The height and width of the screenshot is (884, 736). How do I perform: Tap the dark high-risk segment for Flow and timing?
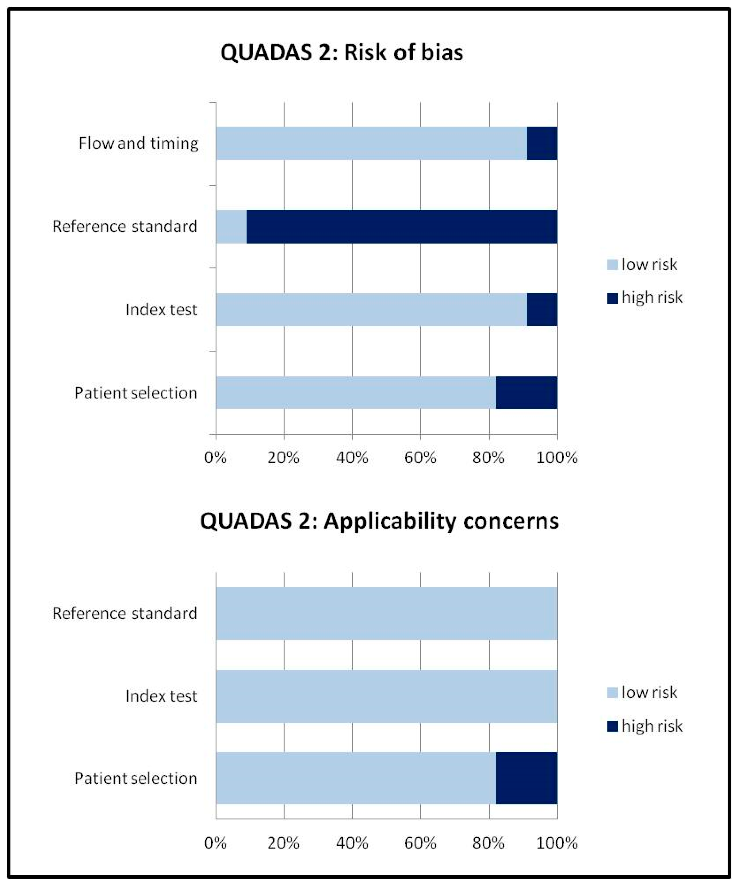tap(542, 144)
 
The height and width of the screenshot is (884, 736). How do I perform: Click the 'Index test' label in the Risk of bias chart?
tap(161, 310)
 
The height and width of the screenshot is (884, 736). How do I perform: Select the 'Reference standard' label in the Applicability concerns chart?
tap(125, 613)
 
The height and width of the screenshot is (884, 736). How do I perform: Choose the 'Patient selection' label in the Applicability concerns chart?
tap(136, 778)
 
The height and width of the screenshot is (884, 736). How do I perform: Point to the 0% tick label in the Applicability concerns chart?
tap(216, 843)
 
